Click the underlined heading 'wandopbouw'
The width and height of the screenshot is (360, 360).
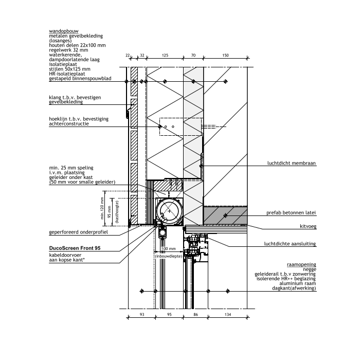[64, 31]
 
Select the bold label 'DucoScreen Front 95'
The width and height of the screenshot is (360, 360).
[75, 248]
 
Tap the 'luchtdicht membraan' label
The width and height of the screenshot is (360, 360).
[292, 163]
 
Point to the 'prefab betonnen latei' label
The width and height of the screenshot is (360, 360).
[291, 213]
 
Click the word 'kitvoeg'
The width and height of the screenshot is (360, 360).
[308, 226]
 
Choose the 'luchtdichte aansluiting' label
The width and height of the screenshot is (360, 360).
[290, 244]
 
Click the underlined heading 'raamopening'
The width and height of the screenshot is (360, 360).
[301, 264]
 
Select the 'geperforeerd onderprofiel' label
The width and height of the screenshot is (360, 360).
[78, 232]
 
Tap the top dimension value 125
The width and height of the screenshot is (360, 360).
[165, 55]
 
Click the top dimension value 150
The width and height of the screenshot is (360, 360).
[225, 55]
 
